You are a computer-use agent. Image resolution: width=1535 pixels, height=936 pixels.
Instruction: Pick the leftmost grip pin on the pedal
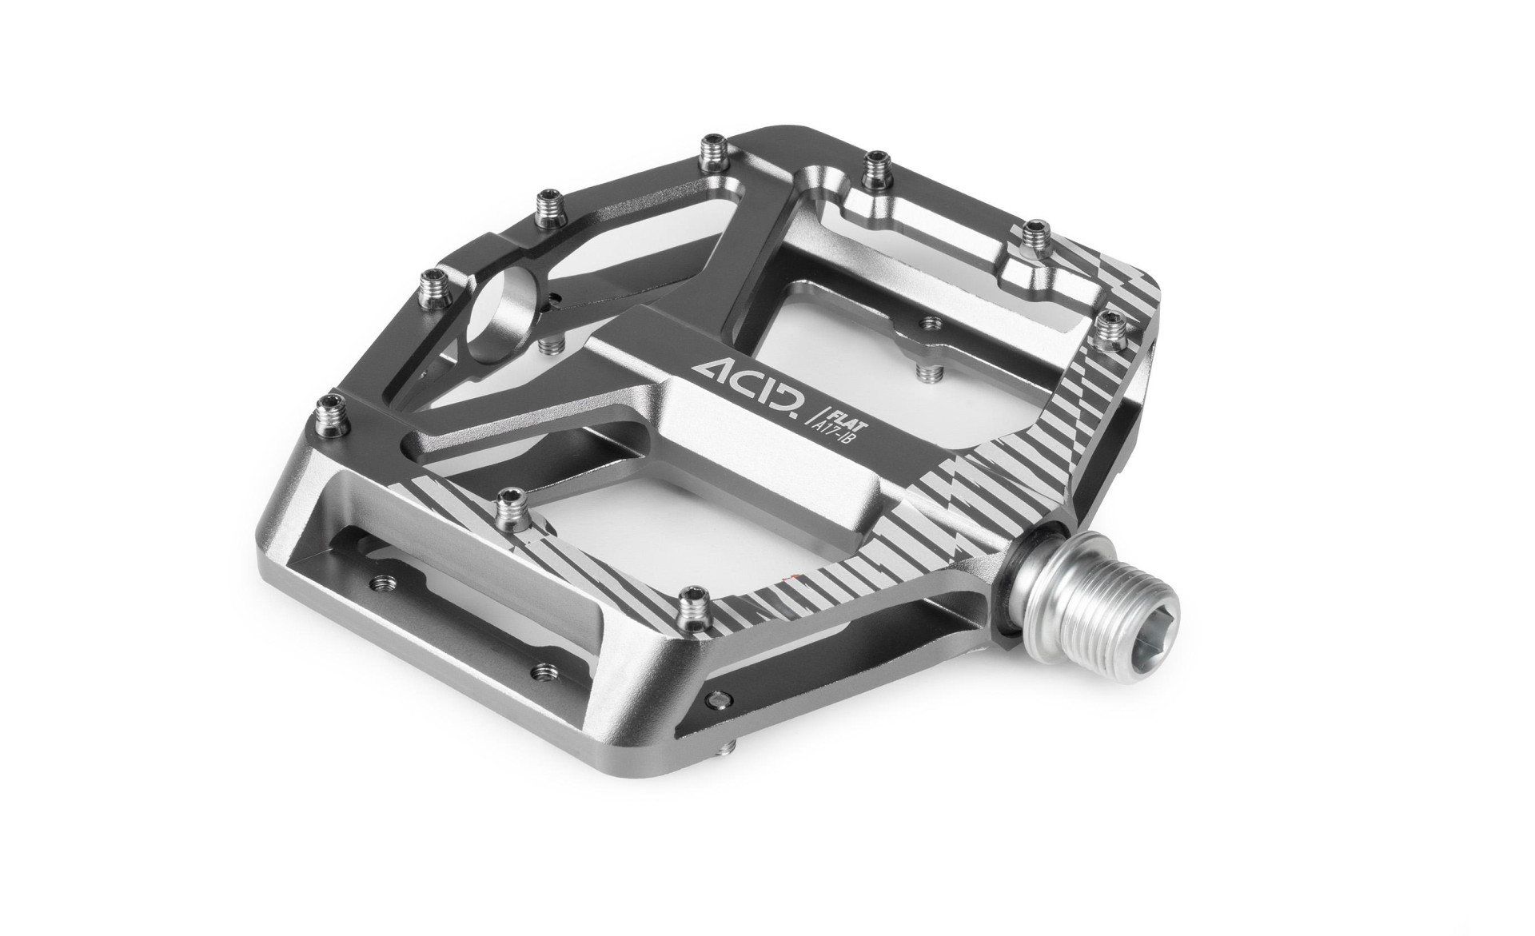pos(329,410)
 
